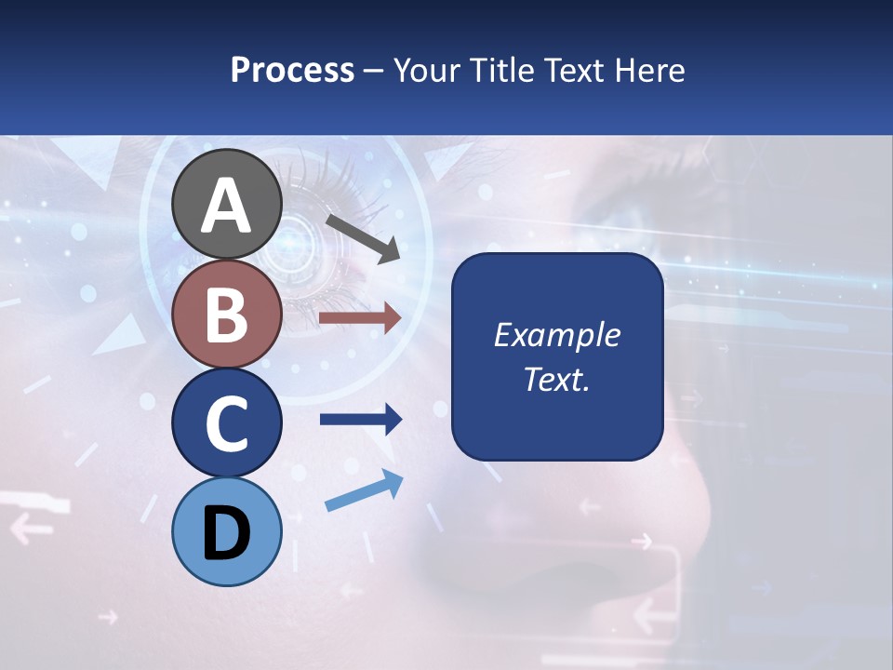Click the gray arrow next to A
point(363,238)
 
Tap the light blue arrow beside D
point(364,491)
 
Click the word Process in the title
point(292,70)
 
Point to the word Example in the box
point(557,335)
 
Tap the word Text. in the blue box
point(557,379)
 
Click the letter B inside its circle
point(227,315)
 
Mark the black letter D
point(227,533)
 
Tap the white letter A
point(227,205)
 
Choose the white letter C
point(227,423)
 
